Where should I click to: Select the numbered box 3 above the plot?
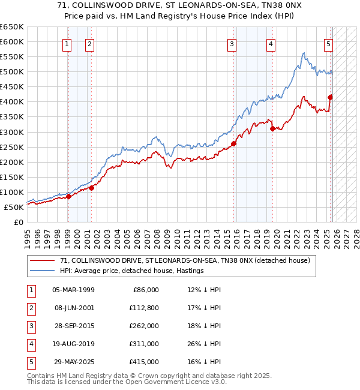coord(232,43)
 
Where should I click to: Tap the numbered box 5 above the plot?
coord(329,43)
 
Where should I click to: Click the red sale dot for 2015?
coord(233,143)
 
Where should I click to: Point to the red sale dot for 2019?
coord(272,128)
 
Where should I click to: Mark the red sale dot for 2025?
coord(330,97)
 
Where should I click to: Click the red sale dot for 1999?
coord(68,196)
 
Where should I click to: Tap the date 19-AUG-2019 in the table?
coord(73,344)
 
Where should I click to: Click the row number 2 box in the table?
coord(30,308)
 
